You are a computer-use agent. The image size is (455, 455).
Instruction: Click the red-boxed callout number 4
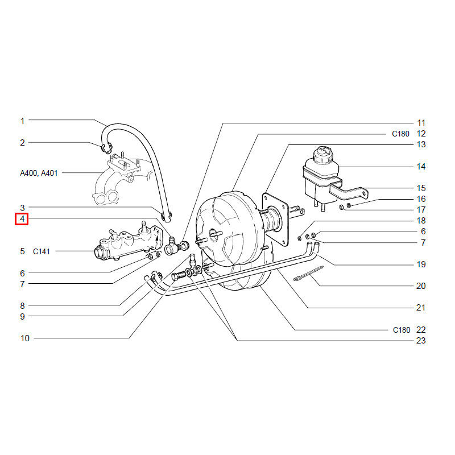[22, 219]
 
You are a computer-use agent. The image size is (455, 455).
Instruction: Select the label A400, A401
[39, 173]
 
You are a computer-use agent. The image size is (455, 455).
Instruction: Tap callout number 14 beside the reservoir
[421, 167]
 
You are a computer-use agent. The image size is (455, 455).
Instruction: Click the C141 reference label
[41, 251]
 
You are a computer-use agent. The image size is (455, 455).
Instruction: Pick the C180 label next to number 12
[400, 134]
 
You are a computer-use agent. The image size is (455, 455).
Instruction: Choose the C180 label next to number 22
[402, 330]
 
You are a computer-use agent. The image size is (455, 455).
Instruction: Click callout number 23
[421, 340]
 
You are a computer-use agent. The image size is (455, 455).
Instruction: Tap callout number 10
[24, 338]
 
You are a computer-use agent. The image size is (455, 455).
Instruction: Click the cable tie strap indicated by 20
[309, 274]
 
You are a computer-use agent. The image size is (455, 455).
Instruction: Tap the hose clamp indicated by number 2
[106, 148]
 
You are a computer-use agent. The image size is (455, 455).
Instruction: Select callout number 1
[22, 121]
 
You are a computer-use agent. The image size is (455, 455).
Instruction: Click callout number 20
[421, 286]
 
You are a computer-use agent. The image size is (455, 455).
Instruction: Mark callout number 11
[421, 123]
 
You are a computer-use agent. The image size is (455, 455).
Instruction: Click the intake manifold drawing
[122, 180]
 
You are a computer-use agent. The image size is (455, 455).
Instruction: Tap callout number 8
[22, 305]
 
